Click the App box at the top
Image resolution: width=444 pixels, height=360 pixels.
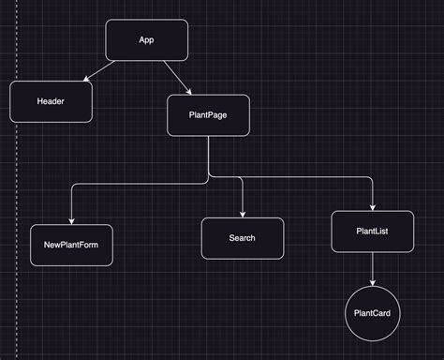147,40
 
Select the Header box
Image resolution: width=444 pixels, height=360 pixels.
52,101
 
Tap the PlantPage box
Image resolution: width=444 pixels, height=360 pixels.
208,116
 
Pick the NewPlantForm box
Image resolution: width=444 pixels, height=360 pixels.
71,245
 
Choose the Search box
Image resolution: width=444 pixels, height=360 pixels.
242,238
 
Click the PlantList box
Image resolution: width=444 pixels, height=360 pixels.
373,232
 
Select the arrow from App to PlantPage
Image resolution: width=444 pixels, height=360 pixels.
176,77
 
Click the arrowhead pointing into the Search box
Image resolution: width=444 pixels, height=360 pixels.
242,214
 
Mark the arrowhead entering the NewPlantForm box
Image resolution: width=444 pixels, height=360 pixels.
71,221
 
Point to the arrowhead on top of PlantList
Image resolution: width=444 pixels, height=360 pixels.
373,207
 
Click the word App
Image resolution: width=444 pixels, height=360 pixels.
146,39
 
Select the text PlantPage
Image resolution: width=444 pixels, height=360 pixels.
208,116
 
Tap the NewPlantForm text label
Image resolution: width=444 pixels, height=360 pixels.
71,246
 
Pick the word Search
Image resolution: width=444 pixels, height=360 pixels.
242,238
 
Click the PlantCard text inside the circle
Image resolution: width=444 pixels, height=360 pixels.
373,312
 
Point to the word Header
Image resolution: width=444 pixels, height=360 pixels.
51,101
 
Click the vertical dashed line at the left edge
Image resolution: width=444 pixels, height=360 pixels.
16,187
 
